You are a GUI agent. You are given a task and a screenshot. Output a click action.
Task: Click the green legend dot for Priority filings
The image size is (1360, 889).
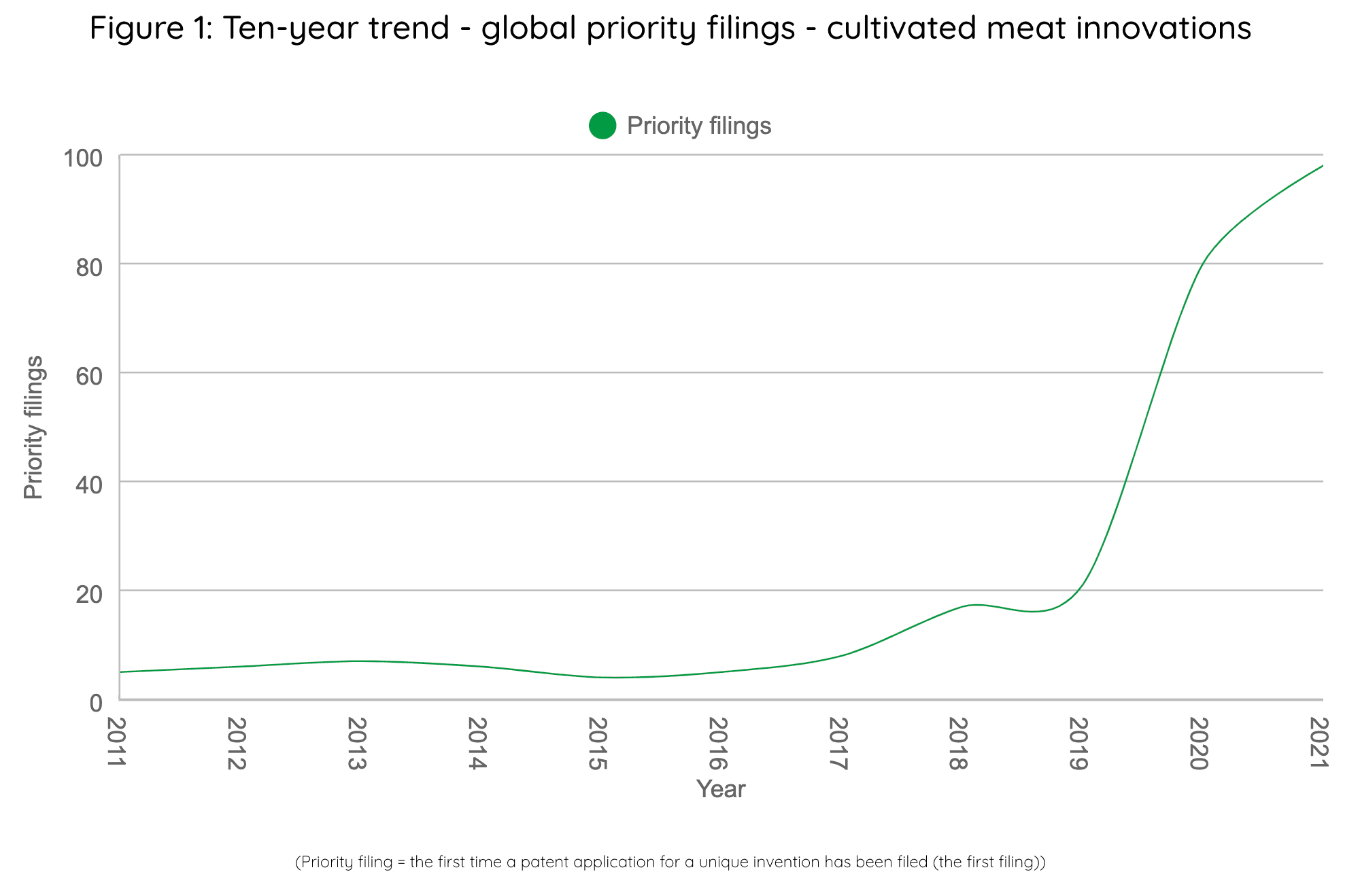[602, 126]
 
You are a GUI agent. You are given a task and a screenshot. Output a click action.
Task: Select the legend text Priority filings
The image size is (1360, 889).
[699, 126]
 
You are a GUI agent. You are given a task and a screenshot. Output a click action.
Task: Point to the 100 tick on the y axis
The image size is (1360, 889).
[82, 158]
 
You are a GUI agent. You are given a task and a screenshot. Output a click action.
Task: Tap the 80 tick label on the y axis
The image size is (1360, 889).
[89, 267]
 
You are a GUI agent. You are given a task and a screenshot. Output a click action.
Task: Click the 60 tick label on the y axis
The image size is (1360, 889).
[89, 376]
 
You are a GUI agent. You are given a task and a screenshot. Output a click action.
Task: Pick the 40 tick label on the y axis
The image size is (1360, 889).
[89, 485]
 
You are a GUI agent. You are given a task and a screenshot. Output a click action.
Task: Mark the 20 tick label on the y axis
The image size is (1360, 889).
[89, 594]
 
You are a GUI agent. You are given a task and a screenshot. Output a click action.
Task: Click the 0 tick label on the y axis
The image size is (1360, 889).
[96, 703]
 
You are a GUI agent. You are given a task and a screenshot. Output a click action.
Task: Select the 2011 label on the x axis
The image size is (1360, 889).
[117, 743]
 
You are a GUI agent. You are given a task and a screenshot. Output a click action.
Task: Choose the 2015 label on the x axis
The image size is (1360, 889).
[597, 743]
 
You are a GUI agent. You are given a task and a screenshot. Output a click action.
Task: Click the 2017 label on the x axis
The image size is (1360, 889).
[838, 743]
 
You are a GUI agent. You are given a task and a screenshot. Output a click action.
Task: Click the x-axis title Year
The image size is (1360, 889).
[721, 789]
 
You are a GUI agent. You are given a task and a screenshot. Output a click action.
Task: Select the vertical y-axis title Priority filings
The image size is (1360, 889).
[33, 428]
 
